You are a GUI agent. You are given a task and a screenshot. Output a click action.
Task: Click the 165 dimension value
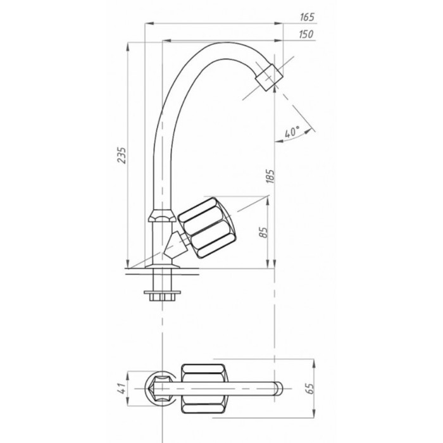(307, 17)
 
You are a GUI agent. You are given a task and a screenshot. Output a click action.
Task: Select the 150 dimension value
(306, 34)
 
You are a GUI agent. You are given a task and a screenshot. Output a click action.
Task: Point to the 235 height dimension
(122, 155)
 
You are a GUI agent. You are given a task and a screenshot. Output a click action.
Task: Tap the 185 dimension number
(270, 177)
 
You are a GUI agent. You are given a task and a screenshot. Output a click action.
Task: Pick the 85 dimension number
(263, 232)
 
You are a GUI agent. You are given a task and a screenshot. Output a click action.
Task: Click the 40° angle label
(292, 132)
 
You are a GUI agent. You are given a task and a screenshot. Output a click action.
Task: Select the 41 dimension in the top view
(121, 389)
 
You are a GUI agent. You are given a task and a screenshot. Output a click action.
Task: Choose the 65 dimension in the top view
(309, 389)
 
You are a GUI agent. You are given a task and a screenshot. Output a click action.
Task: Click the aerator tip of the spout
(269, 77)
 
